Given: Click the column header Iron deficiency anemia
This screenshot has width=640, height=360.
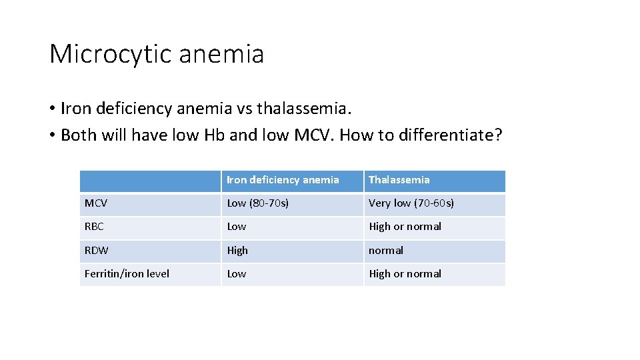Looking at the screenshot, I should (283, 180).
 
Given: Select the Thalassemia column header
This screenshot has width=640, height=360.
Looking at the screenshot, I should (399, 180).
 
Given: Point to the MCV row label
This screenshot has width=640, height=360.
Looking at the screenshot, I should (96, 203).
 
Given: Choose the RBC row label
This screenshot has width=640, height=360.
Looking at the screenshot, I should (94, 227).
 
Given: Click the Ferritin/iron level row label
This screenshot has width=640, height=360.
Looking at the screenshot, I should (127, 274).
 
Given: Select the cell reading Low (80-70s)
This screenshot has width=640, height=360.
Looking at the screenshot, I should (258, 203).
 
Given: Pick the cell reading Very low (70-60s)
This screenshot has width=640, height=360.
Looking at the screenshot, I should (411, 203).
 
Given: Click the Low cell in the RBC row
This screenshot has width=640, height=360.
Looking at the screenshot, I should (237, 227).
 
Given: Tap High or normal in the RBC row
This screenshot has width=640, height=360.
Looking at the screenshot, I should (405, 227).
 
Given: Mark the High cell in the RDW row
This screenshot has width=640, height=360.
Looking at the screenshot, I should (237, 251).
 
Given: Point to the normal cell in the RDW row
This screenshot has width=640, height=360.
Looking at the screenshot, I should (386, 251).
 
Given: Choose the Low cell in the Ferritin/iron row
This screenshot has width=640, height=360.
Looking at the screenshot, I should (237, 274).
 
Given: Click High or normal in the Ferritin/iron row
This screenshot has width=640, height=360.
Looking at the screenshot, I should (405, 274).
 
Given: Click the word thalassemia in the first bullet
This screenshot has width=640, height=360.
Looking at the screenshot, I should (309, 108).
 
